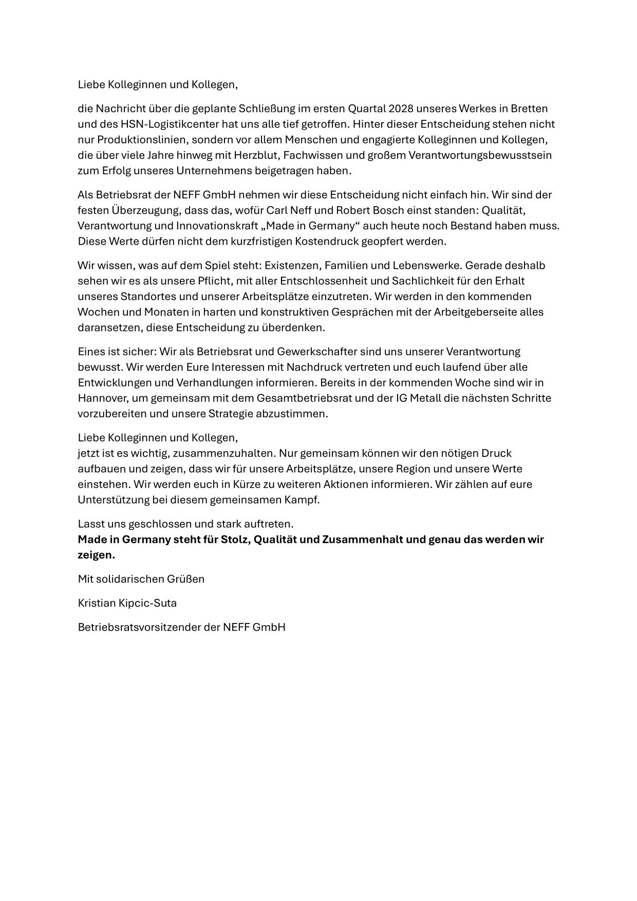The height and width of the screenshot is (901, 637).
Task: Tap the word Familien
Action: tap(346, 265)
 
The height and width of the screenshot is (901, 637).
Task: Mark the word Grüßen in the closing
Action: tap(185, 579)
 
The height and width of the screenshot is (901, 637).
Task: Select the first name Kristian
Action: tap(97, 603)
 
